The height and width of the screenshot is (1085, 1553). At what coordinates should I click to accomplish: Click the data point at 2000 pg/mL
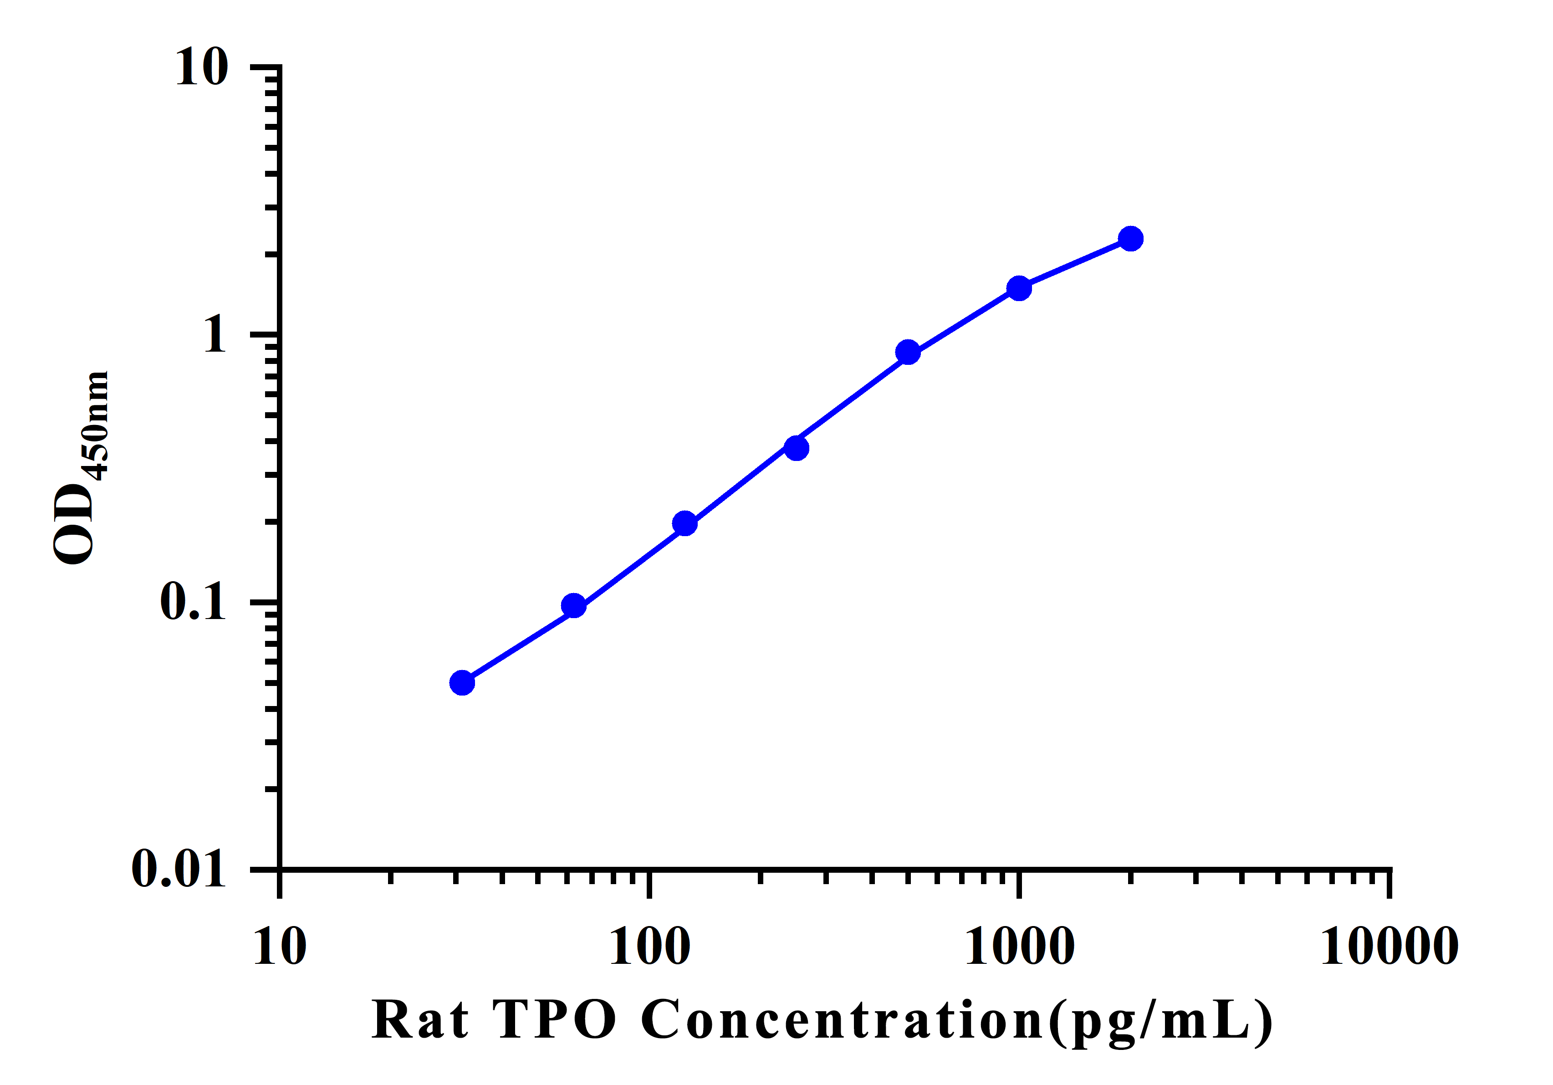(x=1130, y=239)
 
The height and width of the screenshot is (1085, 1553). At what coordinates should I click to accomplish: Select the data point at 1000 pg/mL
(x=1019, y=289)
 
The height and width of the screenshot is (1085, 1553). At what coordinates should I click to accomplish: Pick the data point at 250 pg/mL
(x=797, y=448)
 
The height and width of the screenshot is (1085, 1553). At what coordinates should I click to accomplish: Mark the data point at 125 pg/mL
(x=685, y=523)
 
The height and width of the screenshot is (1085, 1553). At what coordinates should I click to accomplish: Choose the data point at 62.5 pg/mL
(x=573, y=605)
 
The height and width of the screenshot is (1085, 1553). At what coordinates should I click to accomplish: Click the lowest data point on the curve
(x=462, y=683)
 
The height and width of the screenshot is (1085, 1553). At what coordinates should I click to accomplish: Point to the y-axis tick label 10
(x=202, y=68)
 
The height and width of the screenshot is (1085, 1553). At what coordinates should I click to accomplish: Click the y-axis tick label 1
(x=215, y=334)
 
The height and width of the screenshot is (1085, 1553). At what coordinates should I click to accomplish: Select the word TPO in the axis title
(x=555, y=1020)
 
